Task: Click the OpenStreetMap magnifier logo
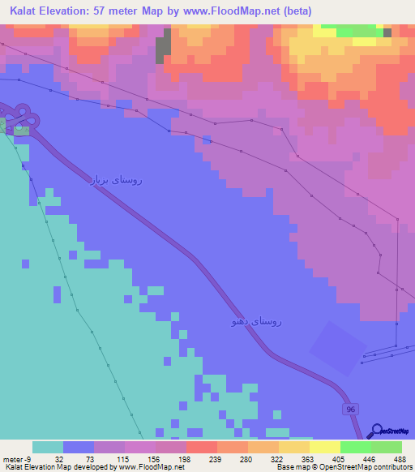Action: [377, 431]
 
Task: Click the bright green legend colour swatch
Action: [355, 447]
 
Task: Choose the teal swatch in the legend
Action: [48, 447]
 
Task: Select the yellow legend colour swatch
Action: [324, 447]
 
